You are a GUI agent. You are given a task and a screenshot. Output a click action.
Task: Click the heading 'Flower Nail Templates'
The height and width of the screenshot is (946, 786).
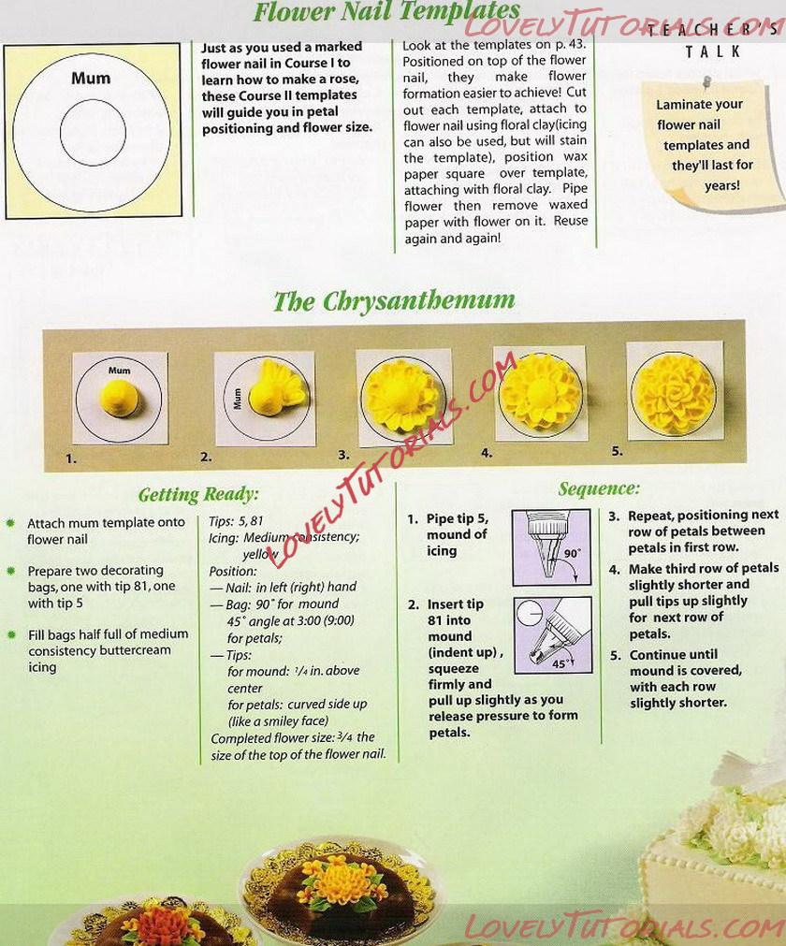click(386, 11)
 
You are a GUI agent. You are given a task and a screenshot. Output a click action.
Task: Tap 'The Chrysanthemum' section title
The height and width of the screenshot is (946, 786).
click(394, 301)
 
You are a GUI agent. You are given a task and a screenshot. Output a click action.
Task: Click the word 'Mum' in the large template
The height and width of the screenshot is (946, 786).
click(91, 78)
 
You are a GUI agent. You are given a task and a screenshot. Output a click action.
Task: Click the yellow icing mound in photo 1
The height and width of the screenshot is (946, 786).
click(120, 399)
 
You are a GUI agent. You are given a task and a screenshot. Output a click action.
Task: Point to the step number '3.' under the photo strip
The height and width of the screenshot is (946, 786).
click(343, 455)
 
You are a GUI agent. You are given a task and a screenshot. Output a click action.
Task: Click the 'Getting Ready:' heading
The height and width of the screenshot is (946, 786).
click(198, 495)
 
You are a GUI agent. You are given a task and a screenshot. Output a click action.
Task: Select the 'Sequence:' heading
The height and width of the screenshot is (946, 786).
click(599, 488)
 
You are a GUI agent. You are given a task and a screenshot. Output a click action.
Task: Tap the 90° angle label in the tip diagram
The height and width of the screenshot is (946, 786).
click(572, 553)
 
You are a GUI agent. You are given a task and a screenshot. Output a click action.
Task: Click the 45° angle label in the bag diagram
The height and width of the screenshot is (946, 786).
click(560, 663)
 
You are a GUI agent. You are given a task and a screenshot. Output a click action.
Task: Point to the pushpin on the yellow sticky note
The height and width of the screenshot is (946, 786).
click(706, 81)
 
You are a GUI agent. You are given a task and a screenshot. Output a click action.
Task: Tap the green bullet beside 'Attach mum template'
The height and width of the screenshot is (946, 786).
click(10, 522)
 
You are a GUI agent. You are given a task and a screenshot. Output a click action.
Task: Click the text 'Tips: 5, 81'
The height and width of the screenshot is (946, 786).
click(236, 520)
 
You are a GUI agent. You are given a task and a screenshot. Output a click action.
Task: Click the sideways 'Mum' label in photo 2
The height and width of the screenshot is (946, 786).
click(237, 399)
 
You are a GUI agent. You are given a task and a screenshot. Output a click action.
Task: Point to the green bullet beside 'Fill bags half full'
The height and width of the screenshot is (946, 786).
click(11, 634)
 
